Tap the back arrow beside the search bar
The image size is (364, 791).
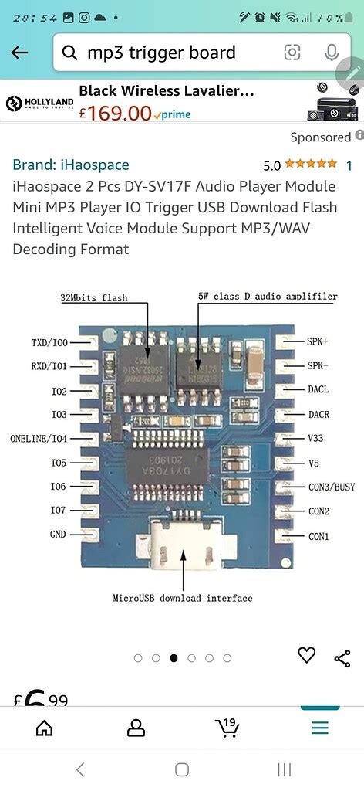(19, 53)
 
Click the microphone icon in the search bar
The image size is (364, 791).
(332, 53)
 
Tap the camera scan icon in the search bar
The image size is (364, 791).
(292, 53)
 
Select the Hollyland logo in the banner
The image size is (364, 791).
(39, 103)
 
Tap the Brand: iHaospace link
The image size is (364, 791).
(71, 165)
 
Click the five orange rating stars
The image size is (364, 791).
(311, 165)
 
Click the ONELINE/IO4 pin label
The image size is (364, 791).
(39, 438)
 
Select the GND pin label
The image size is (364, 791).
(58, 535)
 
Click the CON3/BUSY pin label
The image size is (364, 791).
(331, 487)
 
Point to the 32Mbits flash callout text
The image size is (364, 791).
(94, 297)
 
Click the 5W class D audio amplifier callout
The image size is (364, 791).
(268, 297)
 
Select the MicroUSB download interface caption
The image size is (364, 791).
(183, 598)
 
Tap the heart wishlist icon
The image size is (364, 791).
(307, 655)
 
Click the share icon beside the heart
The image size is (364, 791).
(342, 658)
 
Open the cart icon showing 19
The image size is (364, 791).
(228, 727)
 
